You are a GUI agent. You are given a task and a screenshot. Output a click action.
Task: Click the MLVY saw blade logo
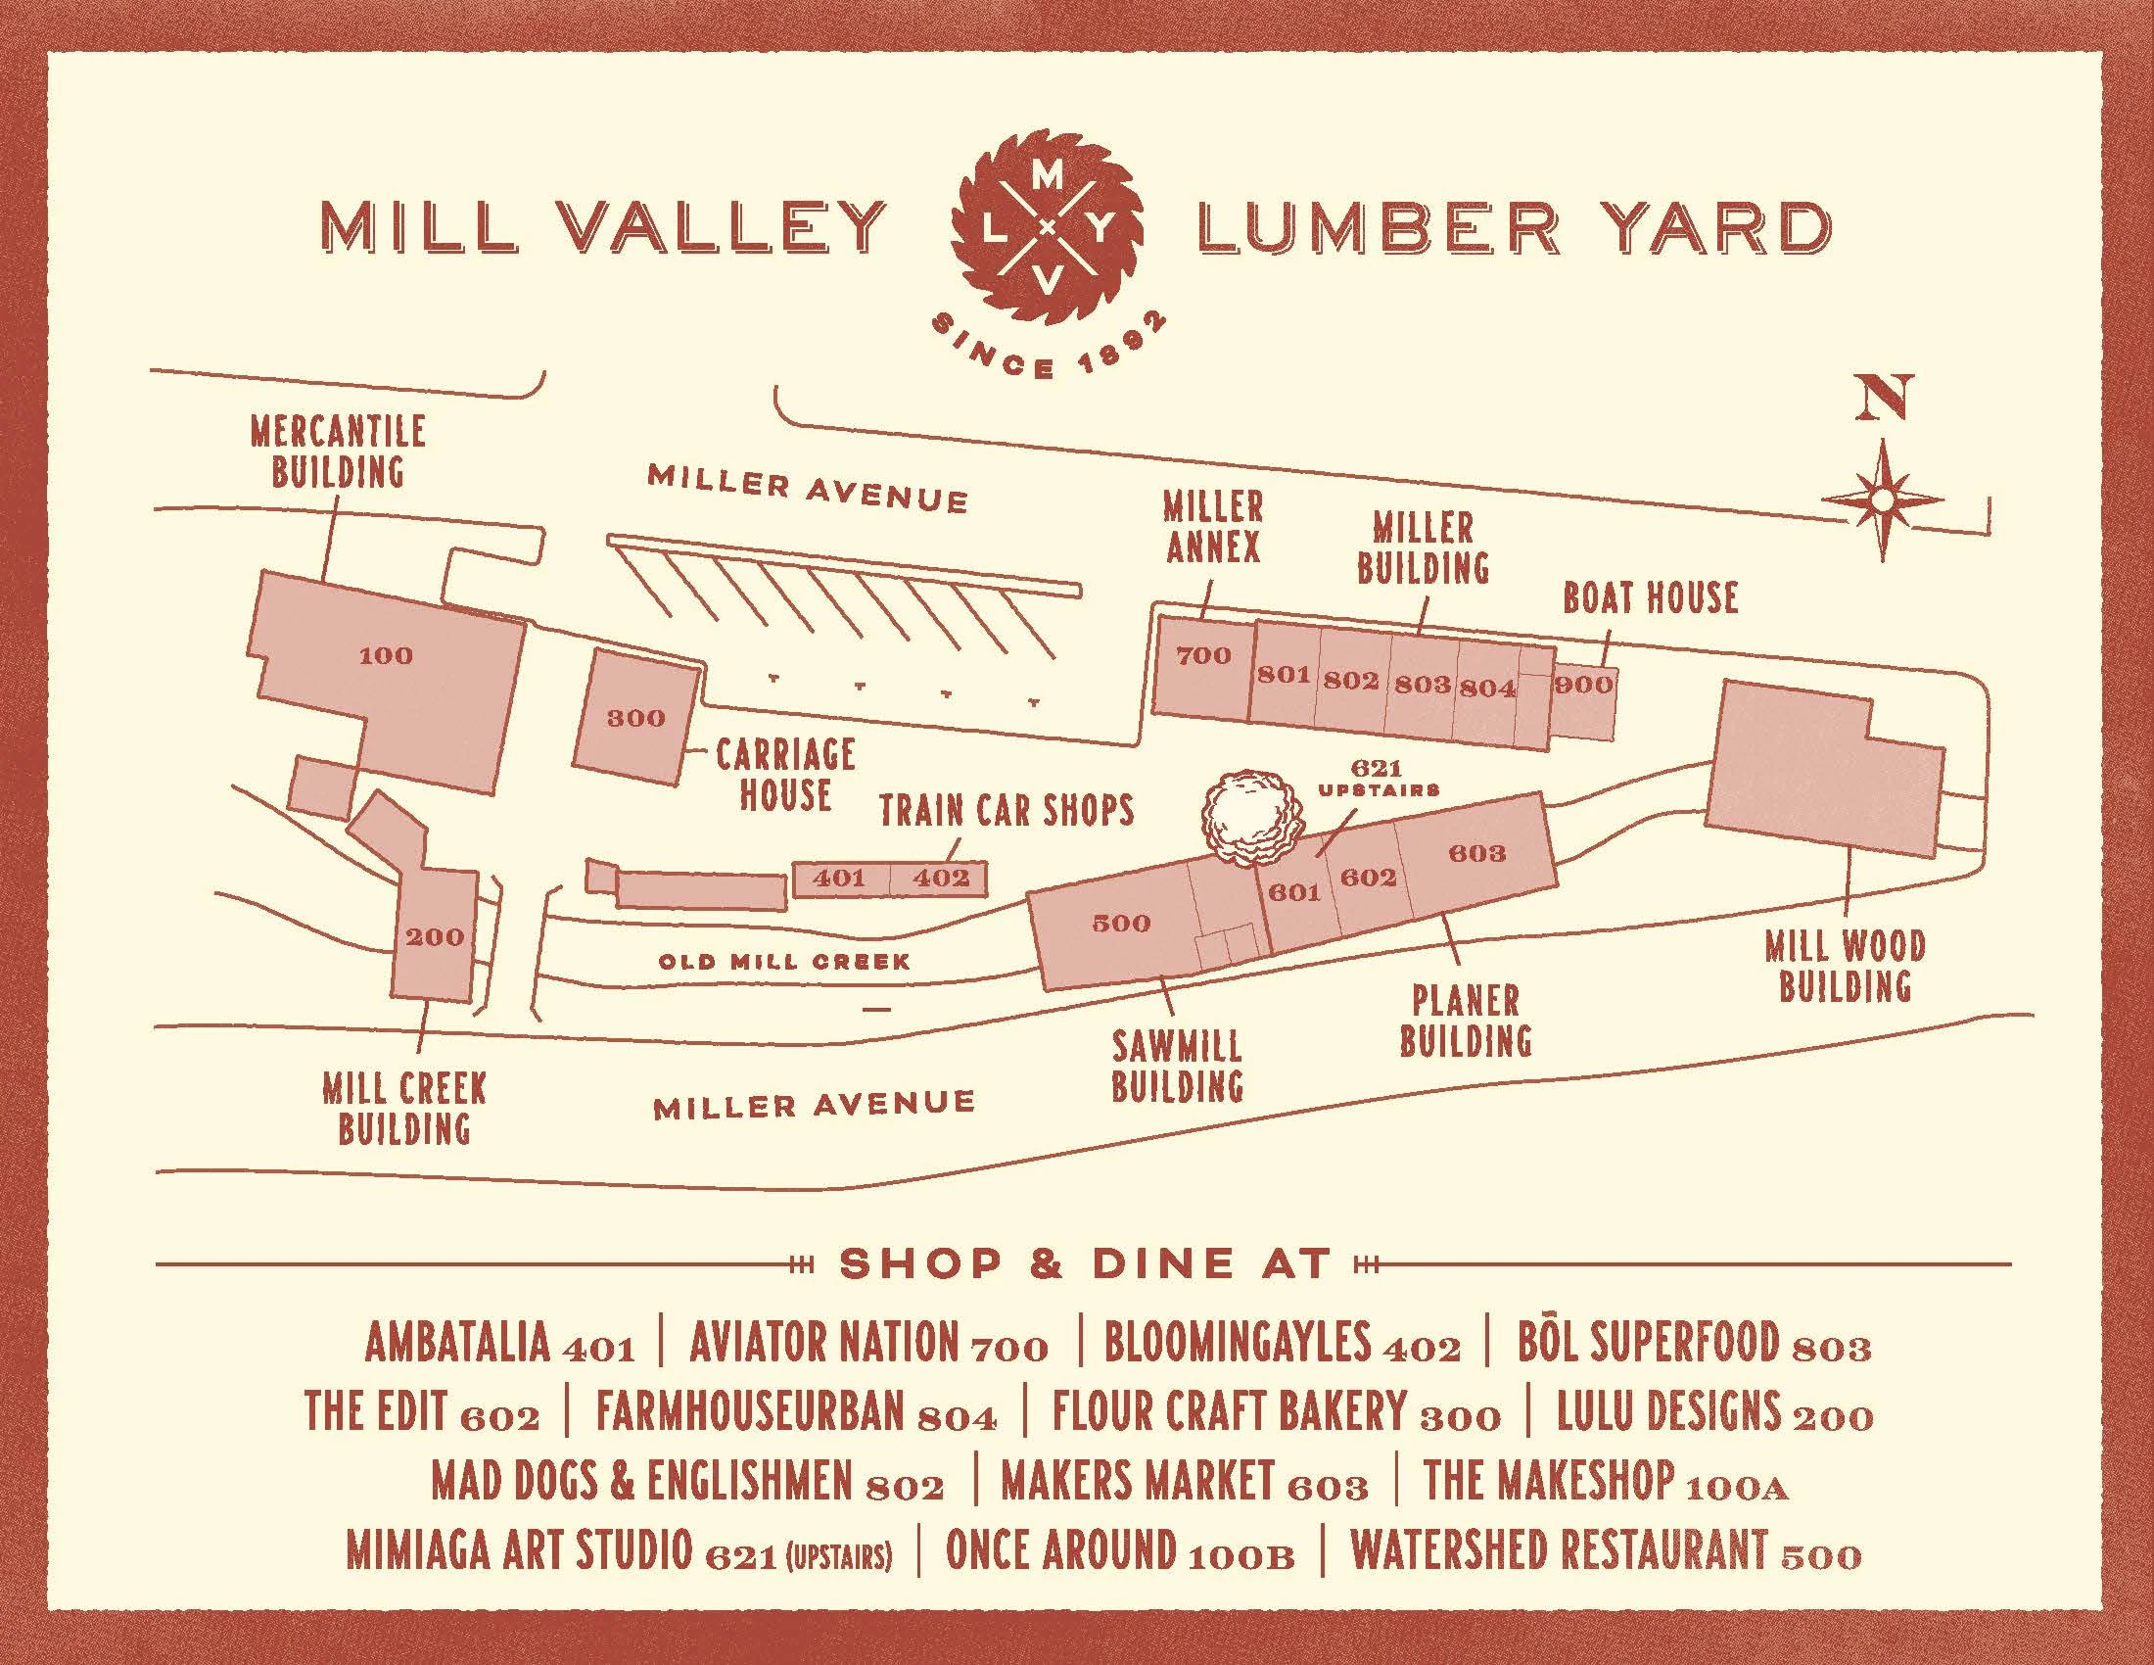coord(1049,229)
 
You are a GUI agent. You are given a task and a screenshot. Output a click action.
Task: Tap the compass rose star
coord(1882,502)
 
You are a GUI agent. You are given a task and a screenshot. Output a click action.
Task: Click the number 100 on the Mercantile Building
coord(386,656)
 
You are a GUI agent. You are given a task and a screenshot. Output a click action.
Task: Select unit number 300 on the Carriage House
coord(636,718)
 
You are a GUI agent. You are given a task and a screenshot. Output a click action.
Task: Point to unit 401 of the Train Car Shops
coord(839,877)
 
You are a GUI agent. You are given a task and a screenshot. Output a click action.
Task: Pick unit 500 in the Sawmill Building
coord(1121,924)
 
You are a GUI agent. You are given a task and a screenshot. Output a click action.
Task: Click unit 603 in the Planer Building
coord(1476,853)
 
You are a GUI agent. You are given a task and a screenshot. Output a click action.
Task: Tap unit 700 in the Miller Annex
coord(1203,656)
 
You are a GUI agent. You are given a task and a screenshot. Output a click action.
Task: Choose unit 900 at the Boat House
coord(1584,685)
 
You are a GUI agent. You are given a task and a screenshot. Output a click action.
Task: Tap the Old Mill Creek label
coord(784,961)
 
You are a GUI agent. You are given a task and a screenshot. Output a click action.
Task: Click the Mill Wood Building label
coord(1845,967)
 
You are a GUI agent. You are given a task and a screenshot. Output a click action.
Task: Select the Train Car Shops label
coord(1006,811)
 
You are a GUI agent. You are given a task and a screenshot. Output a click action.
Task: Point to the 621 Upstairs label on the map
coord(1378,778)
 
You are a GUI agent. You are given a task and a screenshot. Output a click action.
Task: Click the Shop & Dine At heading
coord(1085,1263)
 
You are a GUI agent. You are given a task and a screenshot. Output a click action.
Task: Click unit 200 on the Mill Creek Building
coord(434,936)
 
